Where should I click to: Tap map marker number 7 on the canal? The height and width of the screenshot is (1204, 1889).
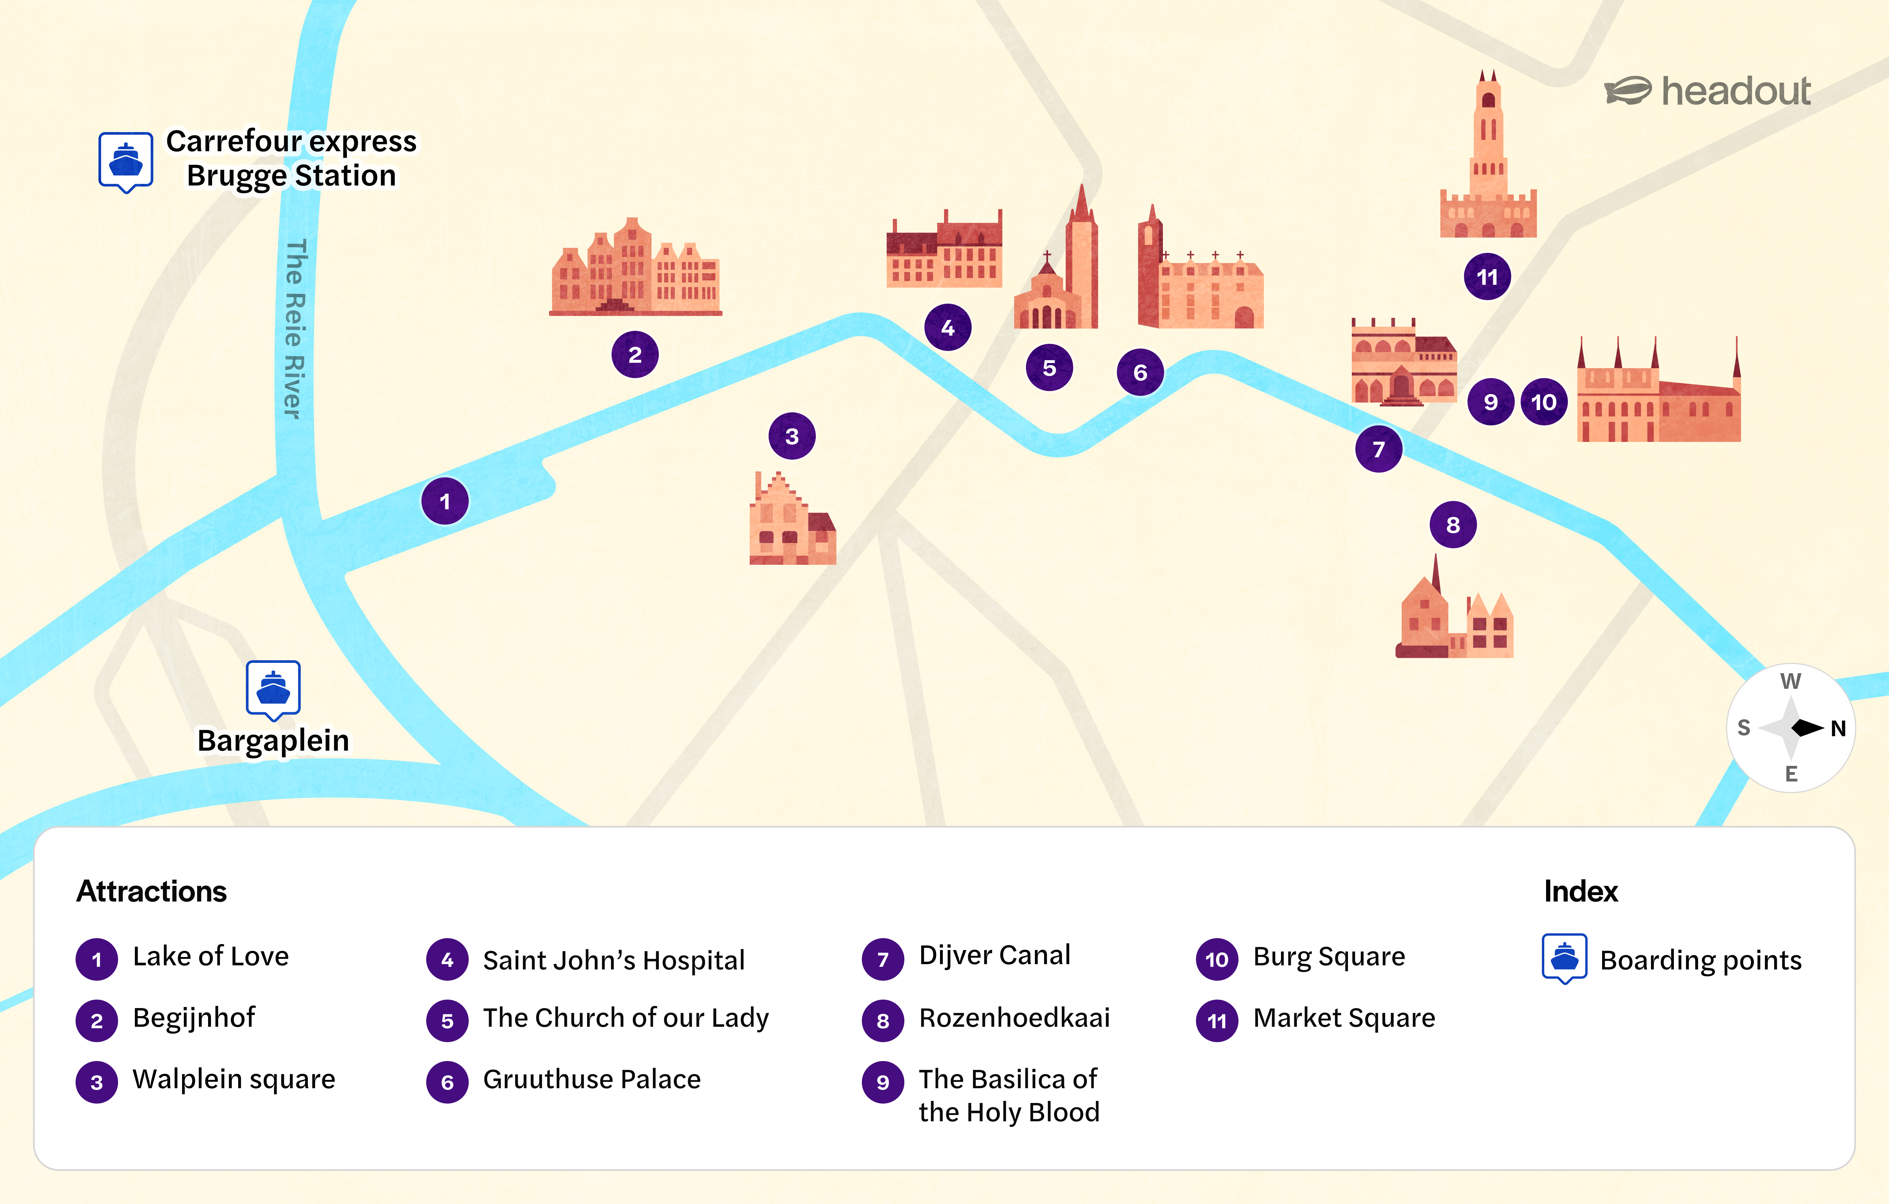pos(1378,449)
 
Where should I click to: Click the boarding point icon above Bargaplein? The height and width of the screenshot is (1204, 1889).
pos(273,688)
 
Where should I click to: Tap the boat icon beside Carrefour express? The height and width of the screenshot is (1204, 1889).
pos(125,161)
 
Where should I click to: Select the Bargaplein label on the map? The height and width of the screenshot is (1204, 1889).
pos(273,740)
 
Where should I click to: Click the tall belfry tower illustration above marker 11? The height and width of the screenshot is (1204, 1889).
pos(1487,157)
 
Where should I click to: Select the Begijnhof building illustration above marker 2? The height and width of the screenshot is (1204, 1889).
pos(635,269)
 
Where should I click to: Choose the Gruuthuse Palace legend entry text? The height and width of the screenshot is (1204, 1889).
pos(591,1079)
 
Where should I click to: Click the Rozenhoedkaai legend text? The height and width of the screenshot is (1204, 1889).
pos(1014,1018)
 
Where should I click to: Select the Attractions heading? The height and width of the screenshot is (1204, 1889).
pos(151,891)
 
